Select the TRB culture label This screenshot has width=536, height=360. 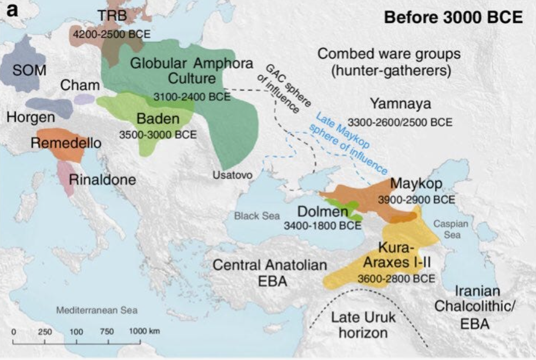click(112, 15)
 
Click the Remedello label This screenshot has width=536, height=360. click(66, 143)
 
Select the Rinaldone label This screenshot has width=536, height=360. click(102, 179)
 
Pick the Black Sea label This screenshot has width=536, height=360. click(257, 216)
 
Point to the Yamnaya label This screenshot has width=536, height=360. click(400, 104)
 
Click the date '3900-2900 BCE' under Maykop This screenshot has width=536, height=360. click(416, 199)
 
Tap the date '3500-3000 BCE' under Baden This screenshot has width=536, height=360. click(158, 134)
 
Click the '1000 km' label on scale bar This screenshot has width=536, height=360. click(145, 331)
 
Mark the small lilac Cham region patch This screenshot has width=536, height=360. click(83, 99)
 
